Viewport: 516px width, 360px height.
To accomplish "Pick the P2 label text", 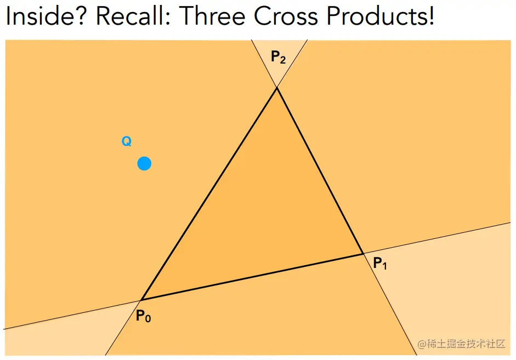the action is tap(278, 56).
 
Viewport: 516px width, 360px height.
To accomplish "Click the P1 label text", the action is tap(380, 264).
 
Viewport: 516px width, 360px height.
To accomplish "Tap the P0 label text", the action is tap(143, 316).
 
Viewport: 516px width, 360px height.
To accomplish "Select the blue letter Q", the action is tap(126, 142).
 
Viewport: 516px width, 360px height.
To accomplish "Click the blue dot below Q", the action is tap(144, 163).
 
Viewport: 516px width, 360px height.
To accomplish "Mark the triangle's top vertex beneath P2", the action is tap(276, 88).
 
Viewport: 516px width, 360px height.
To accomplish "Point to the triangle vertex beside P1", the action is tap(363, 254).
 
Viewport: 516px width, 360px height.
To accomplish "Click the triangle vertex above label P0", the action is tap(141, 300).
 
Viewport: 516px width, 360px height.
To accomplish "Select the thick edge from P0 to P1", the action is tap(252, 277).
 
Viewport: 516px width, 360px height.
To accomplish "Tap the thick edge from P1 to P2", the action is tap(320, 170).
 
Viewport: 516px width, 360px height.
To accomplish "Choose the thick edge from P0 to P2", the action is tap(209, 193).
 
